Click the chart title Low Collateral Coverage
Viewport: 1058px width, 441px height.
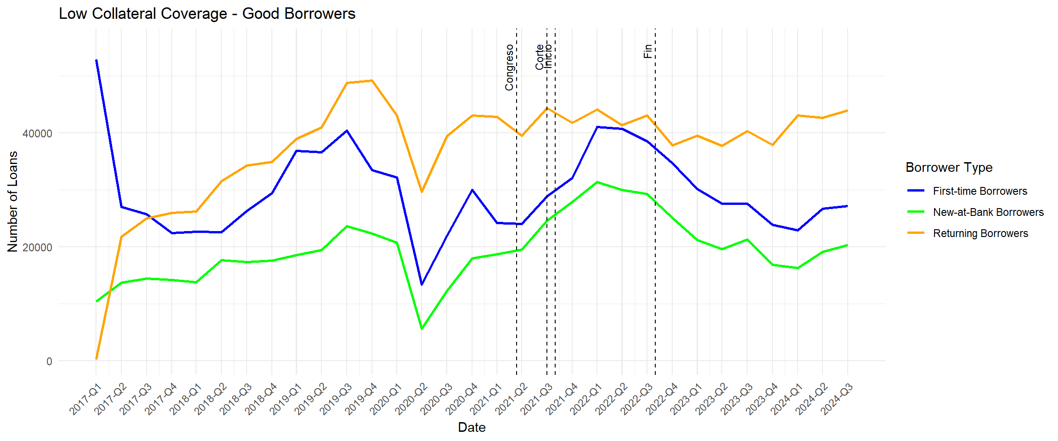click(x=207, y=14)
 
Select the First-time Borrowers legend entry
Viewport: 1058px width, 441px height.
click(x=979, y=191)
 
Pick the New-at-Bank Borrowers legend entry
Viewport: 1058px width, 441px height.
click(x=988, y=212)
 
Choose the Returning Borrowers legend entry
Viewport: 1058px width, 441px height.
click(x=980, y=233)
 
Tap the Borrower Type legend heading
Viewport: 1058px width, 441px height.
click(x=949, y=168)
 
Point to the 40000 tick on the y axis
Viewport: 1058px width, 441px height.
click(x=38, y=134)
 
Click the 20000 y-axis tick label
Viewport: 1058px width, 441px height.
click(x=38, y=248)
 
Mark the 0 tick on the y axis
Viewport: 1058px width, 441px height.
click(x=49, y=362)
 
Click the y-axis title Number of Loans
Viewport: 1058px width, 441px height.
click(x=13, y=202)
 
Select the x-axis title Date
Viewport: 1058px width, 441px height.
click(x=472, y=428)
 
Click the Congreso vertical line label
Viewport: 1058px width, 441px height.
click(x=509, y=68)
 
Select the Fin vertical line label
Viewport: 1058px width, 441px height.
click(x=648, y=51)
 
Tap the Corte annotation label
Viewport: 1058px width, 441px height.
click(x=540, y=57)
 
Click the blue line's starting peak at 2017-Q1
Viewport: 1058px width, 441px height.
click(x=96, y=60)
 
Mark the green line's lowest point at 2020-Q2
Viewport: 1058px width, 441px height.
click(x=422, y=328)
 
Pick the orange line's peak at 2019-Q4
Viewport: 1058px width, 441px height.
click(x=372, y=81)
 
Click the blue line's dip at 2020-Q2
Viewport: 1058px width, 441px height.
click(x=422, y=284)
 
